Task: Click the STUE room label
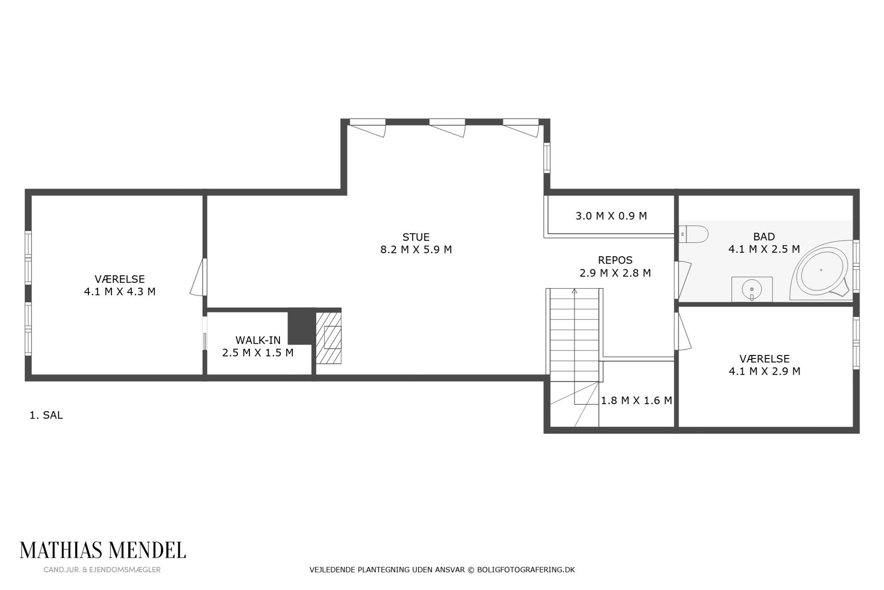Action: pyautogui.click(x=416, y=237)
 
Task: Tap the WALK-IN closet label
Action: pyautogui.click(x=258, y=340)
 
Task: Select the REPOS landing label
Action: pyautogui.click(x=615, y=260)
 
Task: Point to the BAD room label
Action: pyautogui.click(x=764, y=236)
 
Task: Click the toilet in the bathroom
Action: pyautogui.click(x=693, y=234)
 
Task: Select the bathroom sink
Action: pyautogui.click(x=751, y=289)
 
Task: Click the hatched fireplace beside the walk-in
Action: pyautogui.click(x=328, y=337)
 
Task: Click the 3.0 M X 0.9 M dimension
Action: pyautogui.click(x=611, y=216)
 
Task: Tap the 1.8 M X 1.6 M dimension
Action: pyautogui.click(x=636, y=401)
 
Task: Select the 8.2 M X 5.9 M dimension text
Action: pyautogui.click(x=416, y=250)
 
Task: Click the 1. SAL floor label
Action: pyautogui.click(x=46, y=415)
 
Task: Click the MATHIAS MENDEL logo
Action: pyautogui.click(x=103, y=551)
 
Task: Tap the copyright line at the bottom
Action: pyautogui.click(x=442, y=570)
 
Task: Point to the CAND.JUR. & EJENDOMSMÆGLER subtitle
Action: pyautogui.click(x=102, y=570)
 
